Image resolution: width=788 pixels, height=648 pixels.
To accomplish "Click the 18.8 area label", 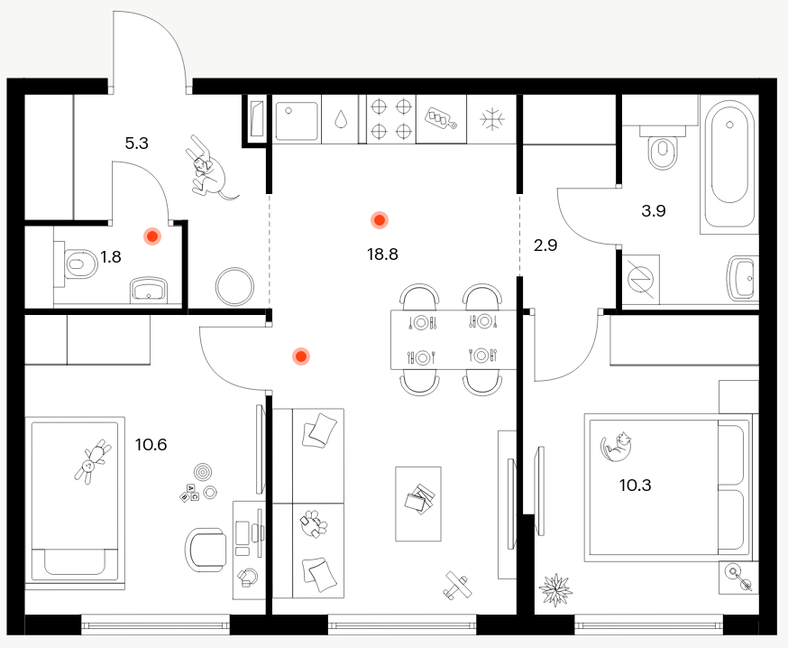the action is (382, 255).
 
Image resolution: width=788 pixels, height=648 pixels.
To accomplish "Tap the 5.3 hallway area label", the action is (137, 143).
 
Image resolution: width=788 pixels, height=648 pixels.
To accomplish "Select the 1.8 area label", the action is (111, 257).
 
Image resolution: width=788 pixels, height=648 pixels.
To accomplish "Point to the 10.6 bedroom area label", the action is (151, 445).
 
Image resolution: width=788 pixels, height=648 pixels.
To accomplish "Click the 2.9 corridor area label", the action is (545, 245).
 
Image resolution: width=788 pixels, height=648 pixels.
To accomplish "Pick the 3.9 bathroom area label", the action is (654, 211).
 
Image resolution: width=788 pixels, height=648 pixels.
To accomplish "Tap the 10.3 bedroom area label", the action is (636, 486).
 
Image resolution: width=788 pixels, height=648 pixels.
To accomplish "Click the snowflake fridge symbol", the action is (492, 119).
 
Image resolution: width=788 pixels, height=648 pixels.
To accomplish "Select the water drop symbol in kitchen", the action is (341, 119).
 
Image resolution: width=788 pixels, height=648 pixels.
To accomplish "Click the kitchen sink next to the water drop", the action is (297, 121).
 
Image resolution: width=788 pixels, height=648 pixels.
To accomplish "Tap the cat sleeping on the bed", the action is (617, 446).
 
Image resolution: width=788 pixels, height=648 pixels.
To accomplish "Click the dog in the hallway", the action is (208, 168).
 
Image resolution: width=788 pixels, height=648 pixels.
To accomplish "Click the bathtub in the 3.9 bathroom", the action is (729, 164).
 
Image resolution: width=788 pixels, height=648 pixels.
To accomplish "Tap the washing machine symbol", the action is (640, 278).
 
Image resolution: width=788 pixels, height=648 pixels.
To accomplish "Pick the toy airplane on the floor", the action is (458, 586).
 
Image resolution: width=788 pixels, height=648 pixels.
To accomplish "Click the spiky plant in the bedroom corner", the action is (555, 589).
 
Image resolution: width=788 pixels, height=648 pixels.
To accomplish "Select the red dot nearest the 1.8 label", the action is (151, 236).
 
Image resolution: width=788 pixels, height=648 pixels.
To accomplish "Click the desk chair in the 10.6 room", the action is (206, 550).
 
